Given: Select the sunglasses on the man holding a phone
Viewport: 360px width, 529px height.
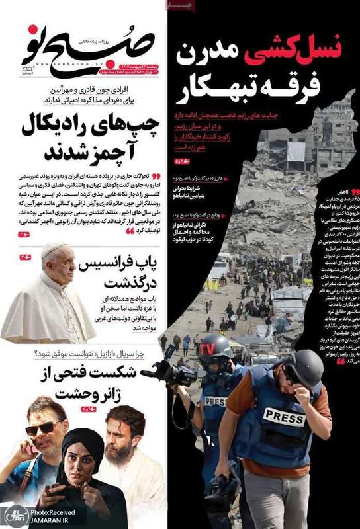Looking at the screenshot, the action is pos(42,428).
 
